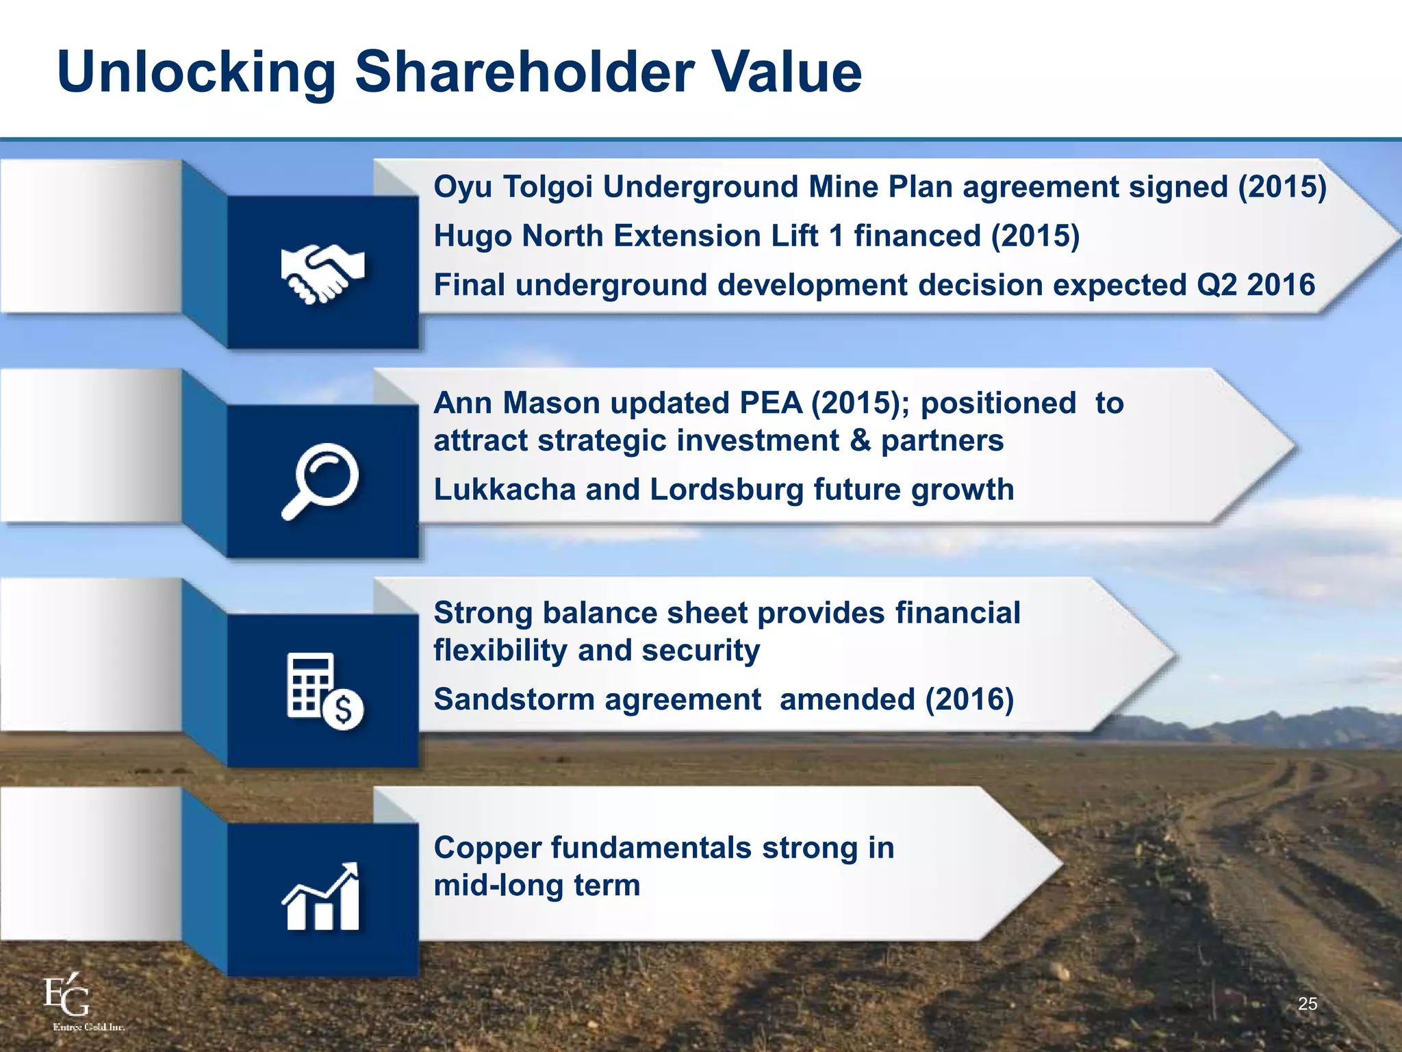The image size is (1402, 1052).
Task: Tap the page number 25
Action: [1308, 1004]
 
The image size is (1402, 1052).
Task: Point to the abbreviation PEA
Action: [770, 403]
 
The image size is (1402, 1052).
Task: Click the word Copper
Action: [487, 848]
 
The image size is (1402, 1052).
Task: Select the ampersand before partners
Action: [860, 440]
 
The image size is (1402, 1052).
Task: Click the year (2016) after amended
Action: [969, 700]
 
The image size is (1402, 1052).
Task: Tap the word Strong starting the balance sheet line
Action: [483, 613]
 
